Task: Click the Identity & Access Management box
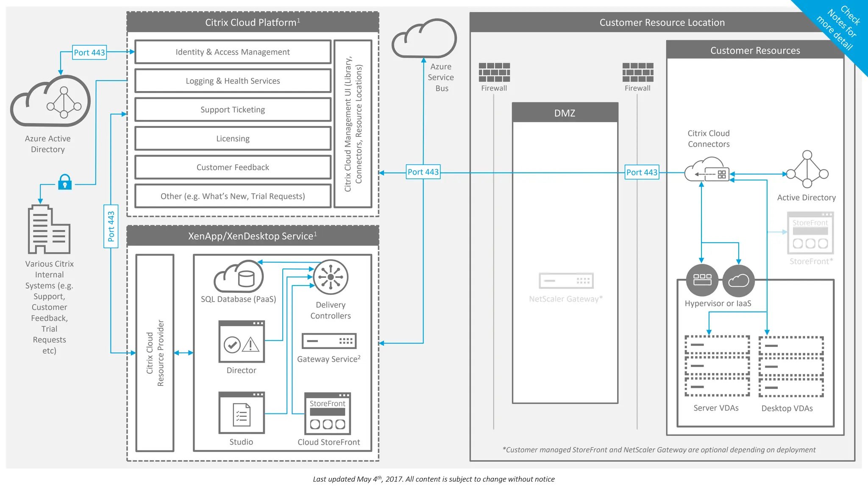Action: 233,52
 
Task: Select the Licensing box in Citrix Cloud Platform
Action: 233,139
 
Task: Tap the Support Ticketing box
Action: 233,110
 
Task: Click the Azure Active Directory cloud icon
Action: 51,102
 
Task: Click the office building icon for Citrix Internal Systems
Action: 48,230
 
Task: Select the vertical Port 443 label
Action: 111,226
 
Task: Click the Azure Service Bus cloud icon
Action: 424,39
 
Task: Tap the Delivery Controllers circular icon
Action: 331,277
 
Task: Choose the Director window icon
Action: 242,342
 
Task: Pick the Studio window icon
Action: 242,413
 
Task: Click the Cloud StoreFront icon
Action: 328,414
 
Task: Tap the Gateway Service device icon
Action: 329,341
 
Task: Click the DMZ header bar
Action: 565,113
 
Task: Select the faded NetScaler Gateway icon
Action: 566,280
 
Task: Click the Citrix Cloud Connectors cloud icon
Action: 707,170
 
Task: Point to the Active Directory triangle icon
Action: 807,170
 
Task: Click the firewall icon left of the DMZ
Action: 494,72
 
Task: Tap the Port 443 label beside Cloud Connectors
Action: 642,172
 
